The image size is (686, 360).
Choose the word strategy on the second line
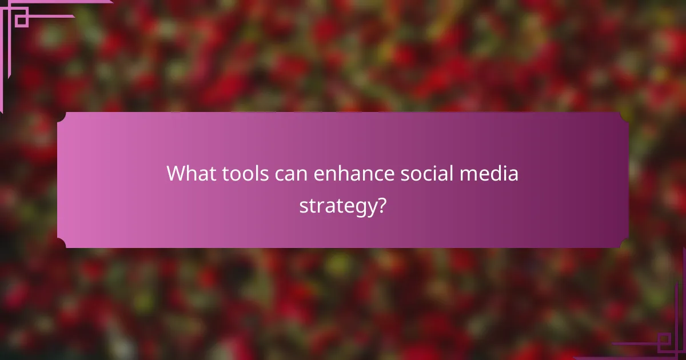point(336,206)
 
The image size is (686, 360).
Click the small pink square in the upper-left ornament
point(22,21)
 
